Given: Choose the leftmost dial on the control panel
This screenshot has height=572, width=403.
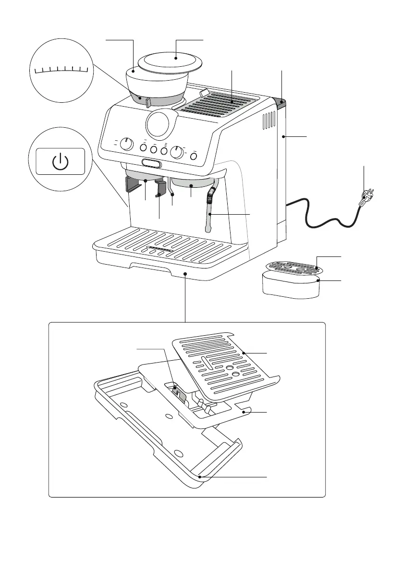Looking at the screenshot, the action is (126, 144).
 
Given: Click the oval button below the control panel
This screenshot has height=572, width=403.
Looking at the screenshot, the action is (151, 164).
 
